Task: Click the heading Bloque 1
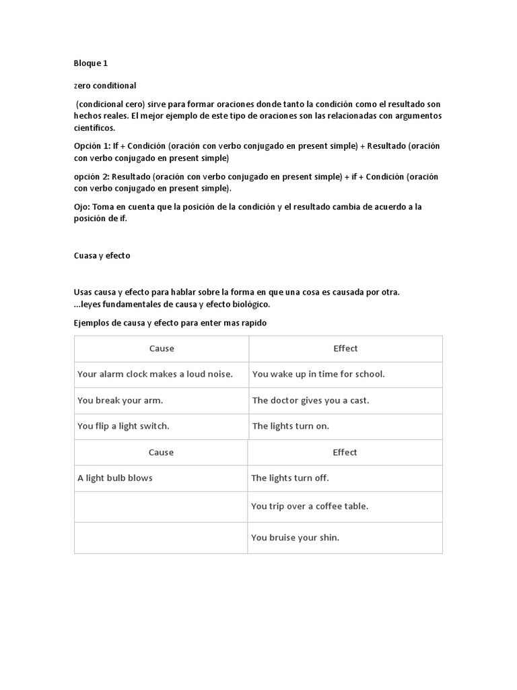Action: (90, 63)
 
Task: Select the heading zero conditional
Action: (104, 86)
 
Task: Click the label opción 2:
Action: (92, 177)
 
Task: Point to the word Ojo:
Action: (82, 207)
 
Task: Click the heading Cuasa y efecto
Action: (102, 256)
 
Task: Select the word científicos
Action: (94, 127)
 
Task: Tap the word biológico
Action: (249, 304)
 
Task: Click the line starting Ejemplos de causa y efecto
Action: (170, 323)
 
